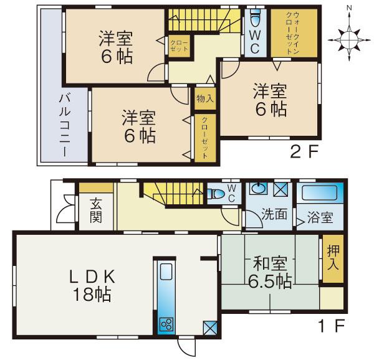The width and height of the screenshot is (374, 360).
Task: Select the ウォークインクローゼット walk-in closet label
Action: pos(291,32)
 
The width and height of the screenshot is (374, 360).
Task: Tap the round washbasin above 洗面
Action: pos(257,187)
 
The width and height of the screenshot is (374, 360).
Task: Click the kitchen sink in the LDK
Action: pos(166,273)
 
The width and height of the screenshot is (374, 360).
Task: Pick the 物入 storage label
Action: pos(204,98)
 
